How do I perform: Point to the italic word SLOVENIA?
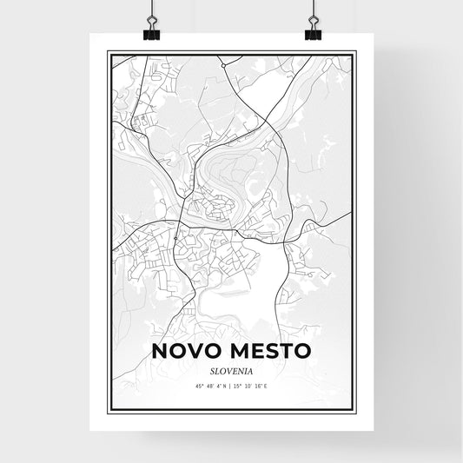tap(231, 371)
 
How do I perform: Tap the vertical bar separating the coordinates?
tap(232, 388)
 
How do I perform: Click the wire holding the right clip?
tap(313, 10)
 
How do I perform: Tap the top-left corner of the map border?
tap(107, 52)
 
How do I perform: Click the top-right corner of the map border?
tap(356, 52)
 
